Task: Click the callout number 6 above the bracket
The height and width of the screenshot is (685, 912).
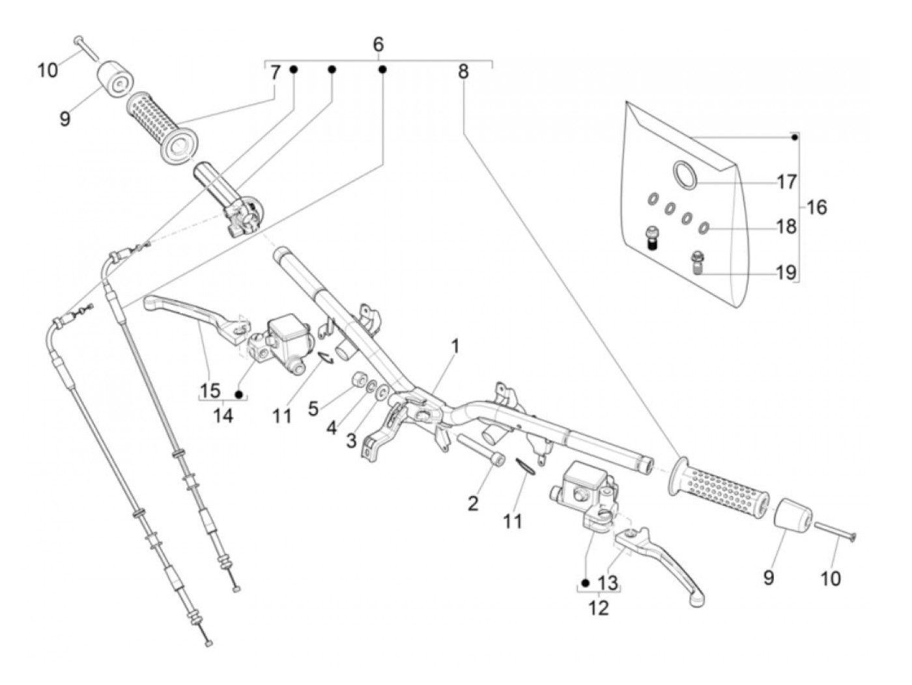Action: point(378,44)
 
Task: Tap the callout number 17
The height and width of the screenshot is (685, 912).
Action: point(786,182)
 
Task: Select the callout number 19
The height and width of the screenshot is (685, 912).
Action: point(786,273)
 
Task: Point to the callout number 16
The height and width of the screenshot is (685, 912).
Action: point(816,207)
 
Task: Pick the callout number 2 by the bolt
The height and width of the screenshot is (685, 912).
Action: point(473,504)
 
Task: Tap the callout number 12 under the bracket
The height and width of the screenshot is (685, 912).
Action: point(598,608)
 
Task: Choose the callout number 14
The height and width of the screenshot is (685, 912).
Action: point(223,415)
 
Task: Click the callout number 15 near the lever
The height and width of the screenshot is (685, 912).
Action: point(210,391)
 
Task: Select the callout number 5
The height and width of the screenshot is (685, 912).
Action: point(313,408)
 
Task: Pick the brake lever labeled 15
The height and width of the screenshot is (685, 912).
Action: point(196,318)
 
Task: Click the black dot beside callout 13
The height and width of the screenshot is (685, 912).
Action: point(586,583)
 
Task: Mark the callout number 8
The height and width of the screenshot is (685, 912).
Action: point(463,72)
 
